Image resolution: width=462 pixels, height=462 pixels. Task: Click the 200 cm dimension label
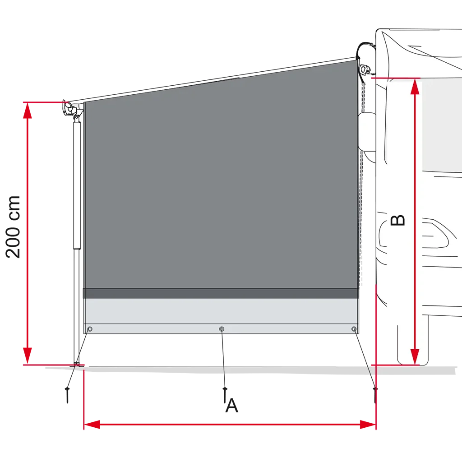click(x=13, y=227)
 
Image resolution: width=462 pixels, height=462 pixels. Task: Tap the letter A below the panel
click(x=232, y=406)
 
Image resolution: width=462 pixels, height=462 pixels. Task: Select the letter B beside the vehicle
click(x=397, y=220)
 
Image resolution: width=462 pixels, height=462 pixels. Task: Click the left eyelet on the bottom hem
click(x=90, y=329)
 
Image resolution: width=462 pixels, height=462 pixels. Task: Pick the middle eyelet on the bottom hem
click(x=222, y=329)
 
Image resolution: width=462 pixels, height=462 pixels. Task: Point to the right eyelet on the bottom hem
click(x=354, y=329)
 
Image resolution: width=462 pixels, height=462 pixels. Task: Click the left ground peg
click(x=68, y=395)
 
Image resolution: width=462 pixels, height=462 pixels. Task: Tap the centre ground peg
click(x=225, y=395)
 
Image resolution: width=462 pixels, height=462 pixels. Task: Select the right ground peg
click(x=375, y=395)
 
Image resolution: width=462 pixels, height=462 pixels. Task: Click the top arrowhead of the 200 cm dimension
click(x=28, y=111)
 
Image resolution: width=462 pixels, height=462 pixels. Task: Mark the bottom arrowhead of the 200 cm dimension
click(x=28, y=356)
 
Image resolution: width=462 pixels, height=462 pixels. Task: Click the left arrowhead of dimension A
click(x=92, y=425)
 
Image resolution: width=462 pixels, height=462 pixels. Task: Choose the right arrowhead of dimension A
click(x=368, y=425)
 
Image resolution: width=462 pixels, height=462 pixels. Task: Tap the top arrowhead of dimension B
click(x=415, y=87)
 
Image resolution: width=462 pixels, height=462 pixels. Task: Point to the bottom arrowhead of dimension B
click(x=415, y=356)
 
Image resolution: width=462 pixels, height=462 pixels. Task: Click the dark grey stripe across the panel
click(x=221, y=293)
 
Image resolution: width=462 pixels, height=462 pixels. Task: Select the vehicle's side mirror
click(x=367, y=131)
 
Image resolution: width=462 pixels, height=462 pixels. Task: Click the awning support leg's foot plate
click(x=77, y=365)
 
